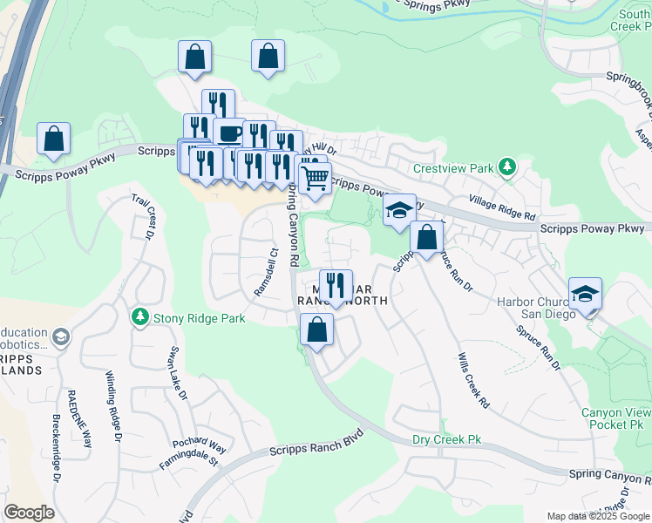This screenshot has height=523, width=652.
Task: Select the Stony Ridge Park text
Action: (x=199, y=318)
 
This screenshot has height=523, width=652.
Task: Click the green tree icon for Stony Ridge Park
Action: (x=139, y=317)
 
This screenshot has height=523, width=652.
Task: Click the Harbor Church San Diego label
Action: (x=533, y=309)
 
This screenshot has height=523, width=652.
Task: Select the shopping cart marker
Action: (x=315, y=178)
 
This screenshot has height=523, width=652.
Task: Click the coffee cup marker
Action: (x=229, y=133)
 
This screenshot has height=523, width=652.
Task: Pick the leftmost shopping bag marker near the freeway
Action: (x=53, y=138)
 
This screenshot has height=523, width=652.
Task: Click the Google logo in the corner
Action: (x=29, y=513)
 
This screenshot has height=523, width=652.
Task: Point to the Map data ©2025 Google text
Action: (x=598, y=516)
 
